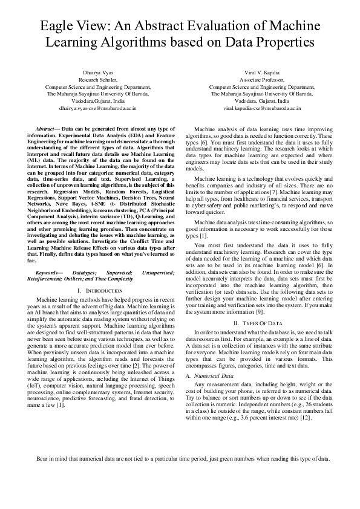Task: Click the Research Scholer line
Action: tap(97, 79)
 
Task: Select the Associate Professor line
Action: tap(261, 79)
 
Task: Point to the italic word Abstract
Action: tap(47, 129)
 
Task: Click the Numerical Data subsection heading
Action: tap(218, 375)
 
